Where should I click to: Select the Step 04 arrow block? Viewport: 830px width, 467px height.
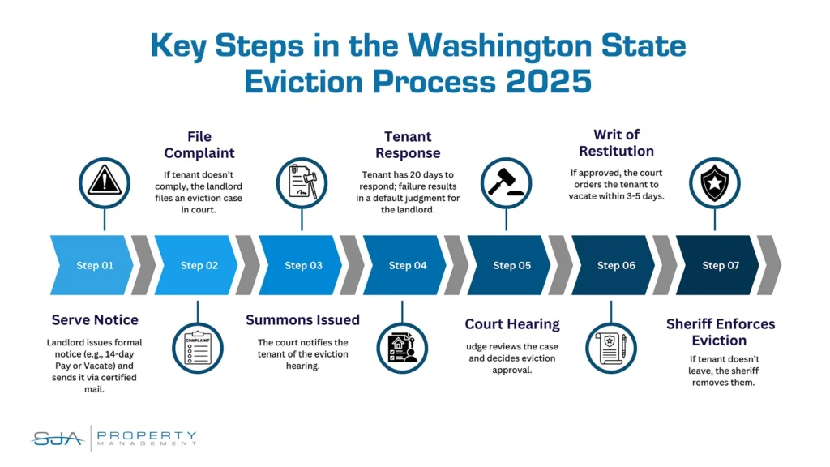coord(404,265)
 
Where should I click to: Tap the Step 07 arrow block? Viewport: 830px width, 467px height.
coord(717,265)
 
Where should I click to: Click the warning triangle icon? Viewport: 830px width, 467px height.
coord(105,182)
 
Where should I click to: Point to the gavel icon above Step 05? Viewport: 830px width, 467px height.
coord(506,182)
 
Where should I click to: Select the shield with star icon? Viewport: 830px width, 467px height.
coord(715,182)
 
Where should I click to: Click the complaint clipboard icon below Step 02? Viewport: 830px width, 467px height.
coord(198,348)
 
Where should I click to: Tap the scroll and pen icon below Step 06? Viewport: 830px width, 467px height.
coord(611,348)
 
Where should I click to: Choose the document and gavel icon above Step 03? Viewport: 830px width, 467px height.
coord(302,182)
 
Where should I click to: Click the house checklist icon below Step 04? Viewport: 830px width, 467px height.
coord(402,348)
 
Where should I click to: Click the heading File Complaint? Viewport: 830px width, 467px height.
coord(199,144)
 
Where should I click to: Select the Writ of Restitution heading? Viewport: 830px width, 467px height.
coord(616,143)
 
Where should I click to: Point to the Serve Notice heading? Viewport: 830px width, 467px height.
coord(95,319)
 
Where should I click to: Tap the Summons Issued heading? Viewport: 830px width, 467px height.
coord(303,319)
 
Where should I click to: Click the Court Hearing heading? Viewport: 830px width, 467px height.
coord(512,324)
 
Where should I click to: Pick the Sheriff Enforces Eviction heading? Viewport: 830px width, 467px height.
coord(721,332)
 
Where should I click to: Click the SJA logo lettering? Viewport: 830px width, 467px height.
coord(58,439)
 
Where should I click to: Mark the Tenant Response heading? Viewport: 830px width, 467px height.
coord(408,144)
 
